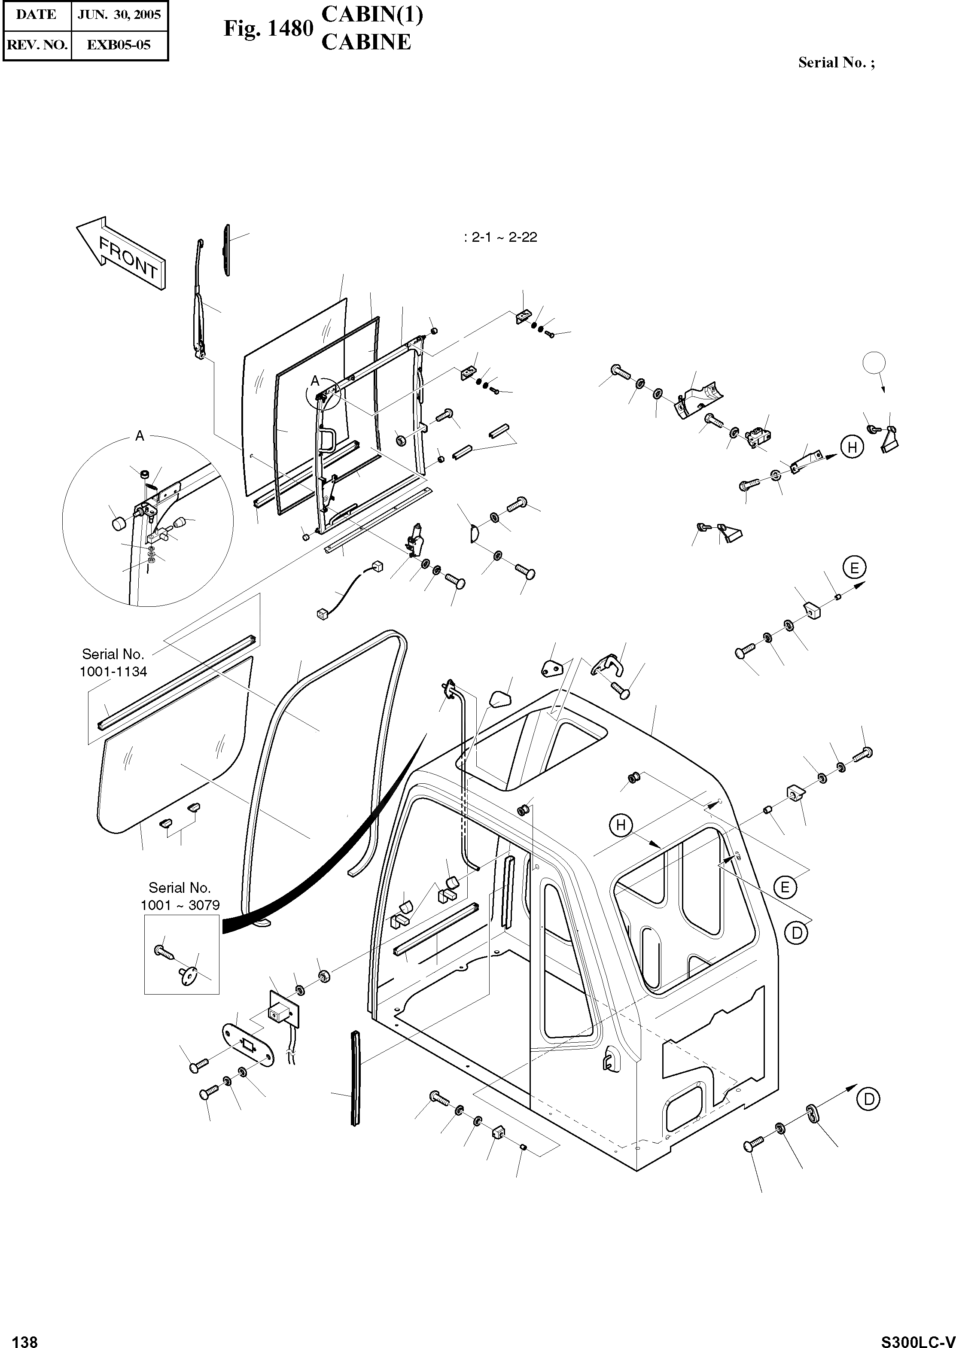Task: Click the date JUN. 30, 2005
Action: [119, 15]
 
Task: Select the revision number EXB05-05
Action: [119, 45]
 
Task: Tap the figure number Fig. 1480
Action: [268, 28]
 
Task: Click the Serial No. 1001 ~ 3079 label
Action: [180, 896]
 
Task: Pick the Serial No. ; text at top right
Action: [836, 63]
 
